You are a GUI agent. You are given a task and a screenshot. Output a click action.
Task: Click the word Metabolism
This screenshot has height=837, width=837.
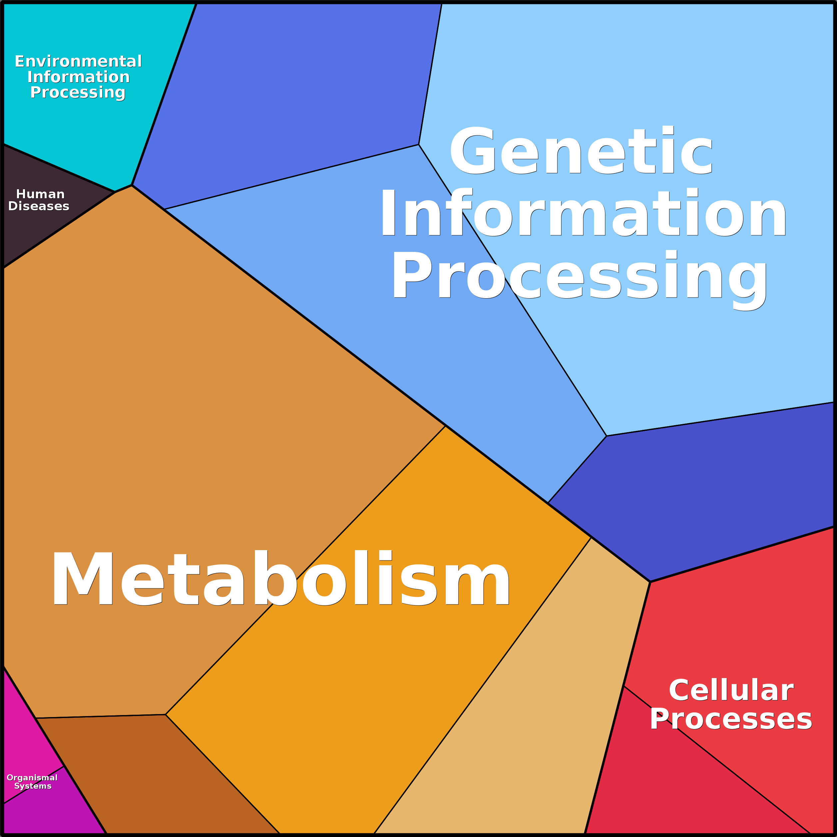(x=281, y=578)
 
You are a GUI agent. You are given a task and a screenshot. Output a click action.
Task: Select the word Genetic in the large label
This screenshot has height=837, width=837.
(x=580, y=151)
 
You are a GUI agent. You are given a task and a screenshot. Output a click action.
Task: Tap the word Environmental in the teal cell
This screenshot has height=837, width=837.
(x=78, y=62)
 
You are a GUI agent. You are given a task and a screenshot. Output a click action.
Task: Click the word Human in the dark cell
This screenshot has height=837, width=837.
(x=40, y=194)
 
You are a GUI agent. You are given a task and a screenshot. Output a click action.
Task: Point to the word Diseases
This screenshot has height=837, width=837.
(x=39, y=206)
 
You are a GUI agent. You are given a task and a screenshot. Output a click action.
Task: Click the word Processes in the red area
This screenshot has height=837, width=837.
(x=731, y=719)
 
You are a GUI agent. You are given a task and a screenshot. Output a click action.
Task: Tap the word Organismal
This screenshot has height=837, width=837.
(x=32, y=790)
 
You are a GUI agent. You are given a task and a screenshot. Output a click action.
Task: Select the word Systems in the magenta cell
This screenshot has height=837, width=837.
(x=33, y=798)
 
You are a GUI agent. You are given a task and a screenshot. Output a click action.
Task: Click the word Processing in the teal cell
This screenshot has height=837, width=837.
(x=78, y=93)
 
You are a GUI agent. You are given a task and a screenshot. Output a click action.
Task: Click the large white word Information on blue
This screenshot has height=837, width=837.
(x=583, y=214)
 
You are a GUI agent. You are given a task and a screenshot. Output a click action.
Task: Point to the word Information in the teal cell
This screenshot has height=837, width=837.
(x=78, y=77)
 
